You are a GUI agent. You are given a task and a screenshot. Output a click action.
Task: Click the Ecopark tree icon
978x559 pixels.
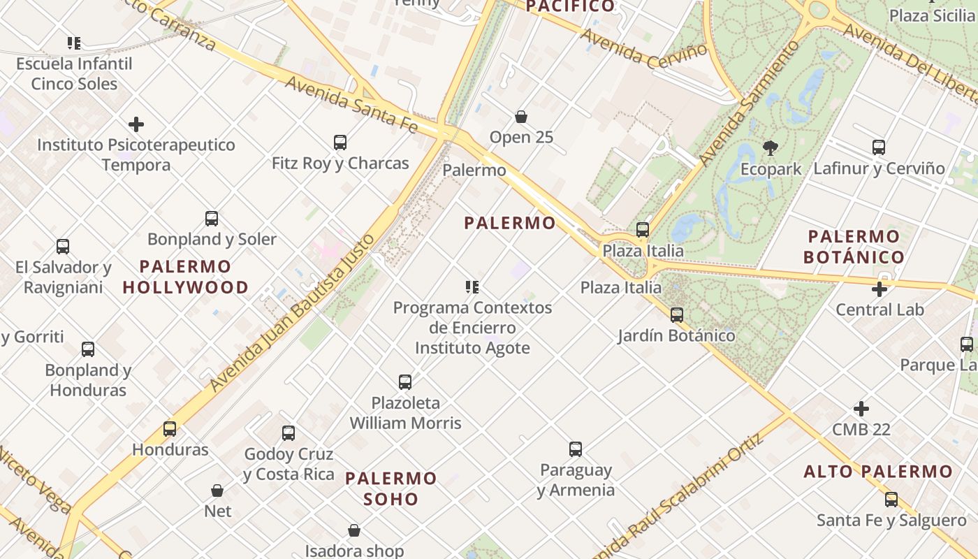771,147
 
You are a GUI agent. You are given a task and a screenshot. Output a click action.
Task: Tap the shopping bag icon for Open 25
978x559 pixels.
520,116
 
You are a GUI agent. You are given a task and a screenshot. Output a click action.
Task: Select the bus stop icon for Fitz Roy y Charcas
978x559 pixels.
340,143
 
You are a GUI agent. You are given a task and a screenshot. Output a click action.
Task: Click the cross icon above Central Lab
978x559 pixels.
880,289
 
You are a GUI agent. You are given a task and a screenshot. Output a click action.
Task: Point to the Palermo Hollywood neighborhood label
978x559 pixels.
185,277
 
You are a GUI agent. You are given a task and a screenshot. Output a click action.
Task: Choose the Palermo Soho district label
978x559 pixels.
391,488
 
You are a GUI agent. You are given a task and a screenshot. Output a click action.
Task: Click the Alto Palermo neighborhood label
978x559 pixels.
878,472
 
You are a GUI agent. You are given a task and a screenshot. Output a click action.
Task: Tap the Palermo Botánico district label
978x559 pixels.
854,247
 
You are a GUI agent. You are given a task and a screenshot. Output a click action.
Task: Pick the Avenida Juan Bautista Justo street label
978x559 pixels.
293,312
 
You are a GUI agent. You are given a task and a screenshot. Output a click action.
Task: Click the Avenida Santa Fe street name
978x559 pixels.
351,104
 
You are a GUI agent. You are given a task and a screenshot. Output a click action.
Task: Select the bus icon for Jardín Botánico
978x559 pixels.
677,315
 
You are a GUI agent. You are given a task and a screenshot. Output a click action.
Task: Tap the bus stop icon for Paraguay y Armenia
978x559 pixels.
576,449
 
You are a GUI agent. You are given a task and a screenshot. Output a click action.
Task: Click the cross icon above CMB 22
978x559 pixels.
861,409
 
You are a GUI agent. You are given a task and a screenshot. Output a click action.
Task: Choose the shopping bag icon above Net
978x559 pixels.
217,491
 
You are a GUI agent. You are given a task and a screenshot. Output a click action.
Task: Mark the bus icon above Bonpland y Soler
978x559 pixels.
212,219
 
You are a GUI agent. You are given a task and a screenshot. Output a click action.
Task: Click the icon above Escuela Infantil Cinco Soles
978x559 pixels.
74,43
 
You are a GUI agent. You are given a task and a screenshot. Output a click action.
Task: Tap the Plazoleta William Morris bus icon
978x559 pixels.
405,382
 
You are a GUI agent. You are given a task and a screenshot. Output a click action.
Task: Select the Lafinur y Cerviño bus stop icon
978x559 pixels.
879,147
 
